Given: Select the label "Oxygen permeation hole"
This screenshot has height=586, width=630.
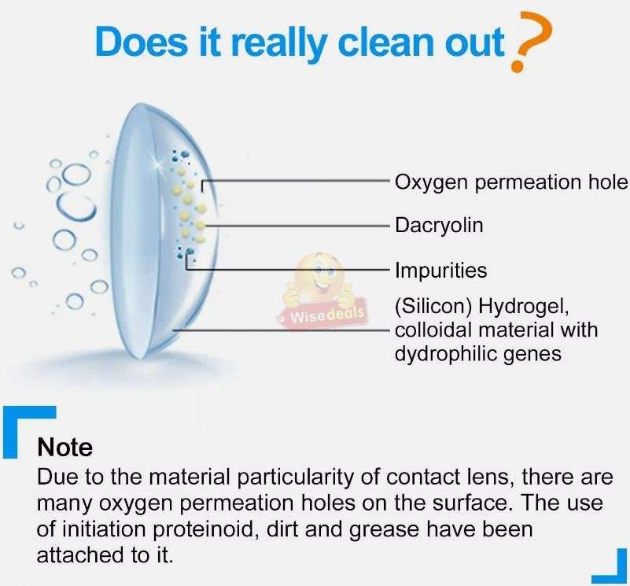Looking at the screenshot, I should pos(511,182).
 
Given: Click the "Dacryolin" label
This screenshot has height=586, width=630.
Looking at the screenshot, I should pos(439,226).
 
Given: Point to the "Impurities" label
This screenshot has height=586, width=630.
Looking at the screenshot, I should pos(440,271).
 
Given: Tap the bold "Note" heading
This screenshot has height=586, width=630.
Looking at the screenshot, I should pos(64,448).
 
